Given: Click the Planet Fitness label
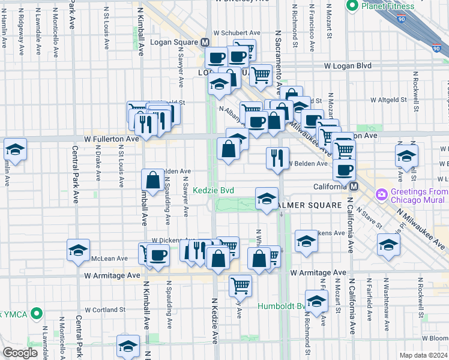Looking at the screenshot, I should tap(388, 7).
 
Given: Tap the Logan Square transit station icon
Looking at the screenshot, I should tap(205, 43).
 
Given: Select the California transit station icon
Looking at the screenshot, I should tap(354, 187).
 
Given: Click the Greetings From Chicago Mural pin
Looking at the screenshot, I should tap(381, 194).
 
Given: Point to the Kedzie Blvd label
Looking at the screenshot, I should tap(213, 190).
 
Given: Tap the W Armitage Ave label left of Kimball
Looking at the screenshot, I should tap(112, 275).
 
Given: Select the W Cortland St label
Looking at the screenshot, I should tap(104, 310).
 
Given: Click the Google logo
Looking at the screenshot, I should tap(20, 353).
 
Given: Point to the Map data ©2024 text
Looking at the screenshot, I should tap(423, 355).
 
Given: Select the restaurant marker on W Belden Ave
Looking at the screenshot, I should tap(277, 158).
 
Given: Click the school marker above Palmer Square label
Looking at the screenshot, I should tap(266, 199).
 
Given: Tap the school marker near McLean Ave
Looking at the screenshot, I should tap(78, 250).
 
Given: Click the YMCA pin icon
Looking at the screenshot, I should tap(37, 313).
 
